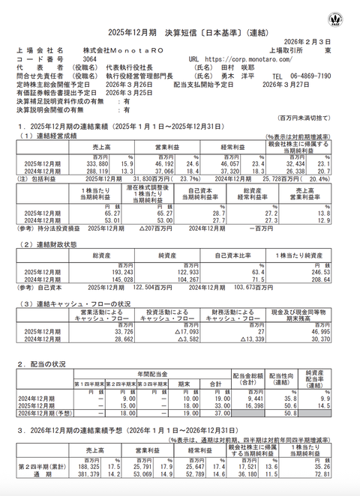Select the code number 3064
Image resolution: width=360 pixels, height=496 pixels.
tap(89, 58)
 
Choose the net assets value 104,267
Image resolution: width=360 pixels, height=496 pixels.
tap(172, 282)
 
